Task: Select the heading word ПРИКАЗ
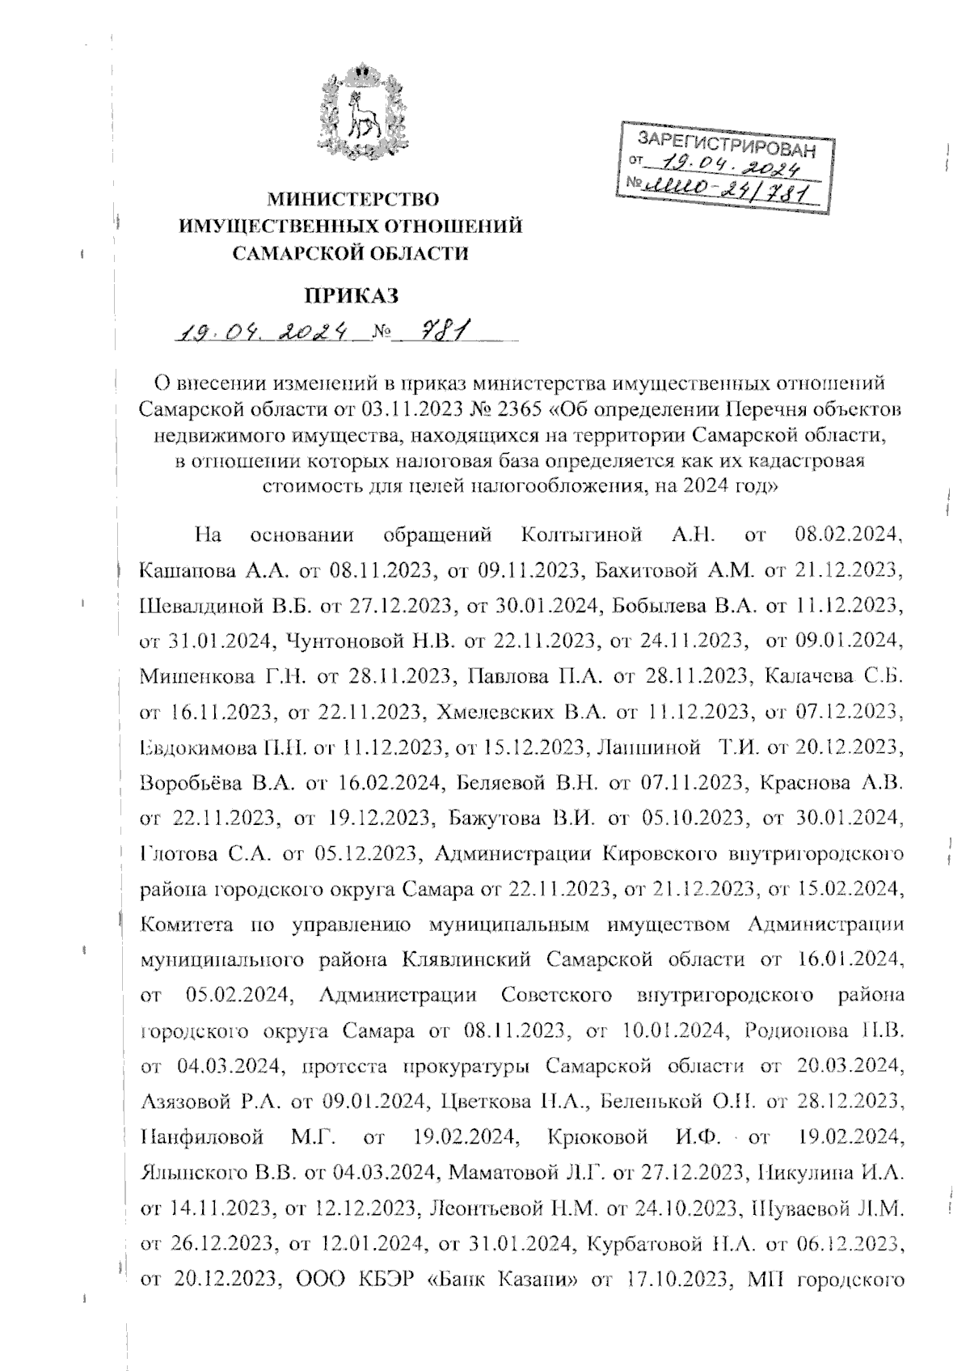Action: pyautogui.click(x=352, y=295)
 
